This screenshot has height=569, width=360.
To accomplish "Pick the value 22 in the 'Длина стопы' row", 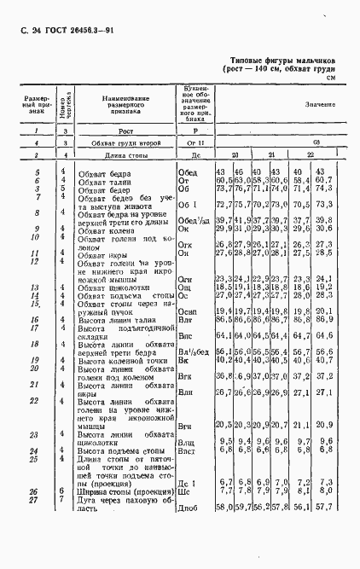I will [310, 155].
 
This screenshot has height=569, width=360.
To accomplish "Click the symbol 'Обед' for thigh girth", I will [187, 172].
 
